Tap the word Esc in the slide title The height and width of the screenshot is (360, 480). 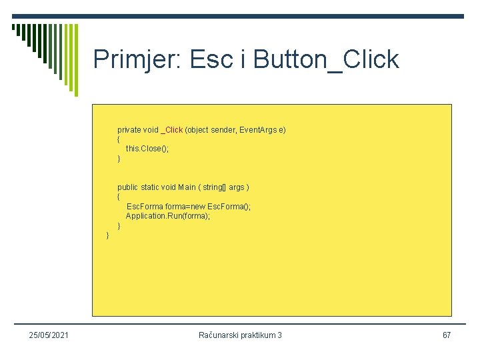pyautogui.click(x=211, y=60)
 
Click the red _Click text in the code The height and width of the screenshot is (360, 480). pyautogui.click(x=172, y=130)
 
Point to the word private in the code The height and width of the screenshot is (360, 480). pyautogui.click(x=129, y=130)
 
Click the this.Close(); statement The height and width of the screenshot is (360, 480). pyautogui.click(x=147, y=149)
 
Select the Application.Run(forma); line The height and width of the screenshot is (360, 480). pyautogui.click(x=167, y=217)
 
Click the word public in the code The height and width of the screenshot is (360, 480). pyautogui.click(x=128, y=187)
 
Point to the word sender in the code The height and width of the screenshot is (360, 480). pyautogui.click(x=223, y=130)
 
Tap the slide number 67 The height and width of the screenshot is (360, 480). pyautogui.click(x=447, y=335)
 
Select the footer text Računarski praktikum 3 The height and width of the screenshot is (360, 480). pyautogui.click(x=240, y=335)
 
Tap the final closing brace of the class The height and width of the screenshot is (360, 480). pyautogui.click(x=108, y=235)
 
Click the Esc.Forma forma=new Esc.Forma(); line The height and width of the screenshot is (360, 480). pyautogui.click(x=189, y=207)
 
